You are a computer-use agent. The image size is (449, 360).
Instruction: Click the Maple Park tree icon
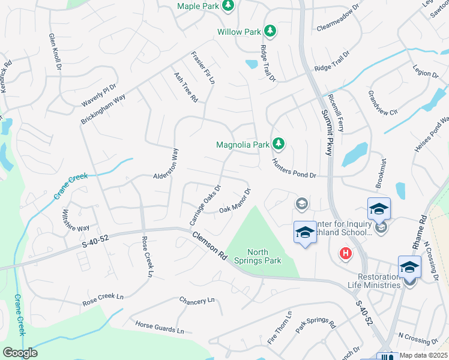[228, 6]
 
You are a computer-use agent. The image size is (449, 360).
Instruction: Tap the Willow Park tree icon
[270, 31]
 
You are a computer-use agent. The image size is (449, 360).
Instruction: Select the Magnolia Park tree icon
[278, 144]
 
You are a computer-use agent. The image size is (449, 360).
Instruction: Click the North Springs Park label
[265, 257]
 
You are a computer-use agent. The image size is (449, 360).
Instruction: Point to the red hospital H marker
[345, 254]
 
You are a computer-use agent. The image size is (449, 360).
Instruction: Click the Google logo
[20, 353]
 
